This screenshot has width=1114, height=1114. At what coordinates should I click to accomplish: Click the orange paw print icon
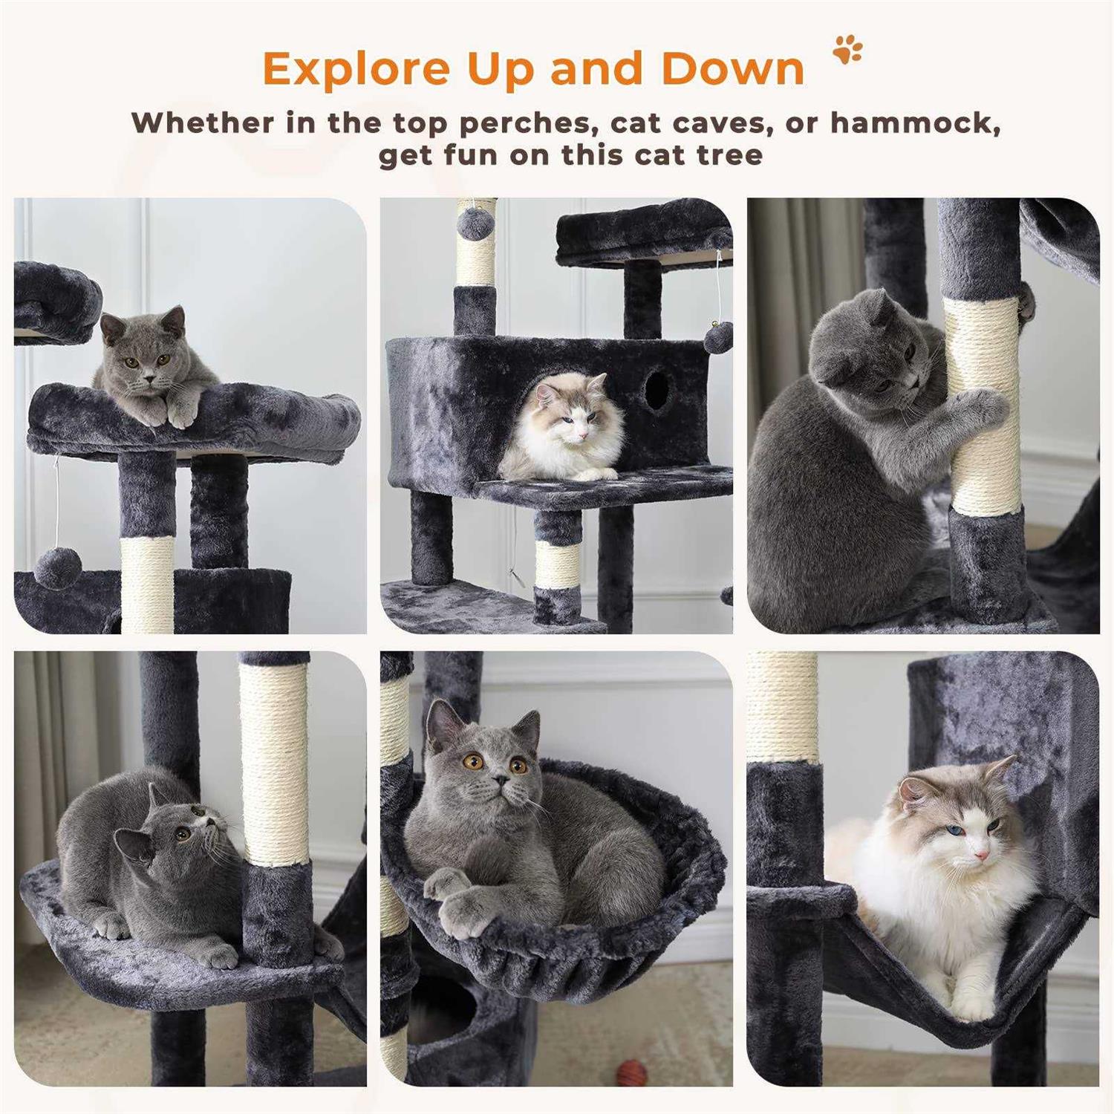(x=847, y=49)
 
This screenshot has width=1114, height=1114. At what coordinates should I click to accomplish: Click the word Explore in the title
(x=356, y=69)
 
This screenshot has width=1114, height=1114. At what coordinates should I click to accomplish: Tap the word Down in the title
(x=733, y=69)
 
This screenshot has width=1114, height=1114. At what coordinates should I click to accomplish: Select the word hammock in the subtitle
(x=916, y=123)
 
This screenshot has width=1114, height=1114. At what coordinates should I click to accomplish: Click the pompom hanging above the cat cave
(x=472, y=222)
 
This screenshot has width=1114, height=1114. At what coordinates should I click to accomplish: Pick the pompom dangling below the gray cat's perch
(x=56, y=568)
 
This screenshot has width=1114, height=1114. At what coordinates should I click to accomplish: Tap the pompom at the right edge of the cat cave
(x=718, y=337)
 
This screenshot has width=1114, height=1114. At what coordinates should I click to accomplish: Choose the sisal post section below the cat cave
(x=557, y=564)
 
